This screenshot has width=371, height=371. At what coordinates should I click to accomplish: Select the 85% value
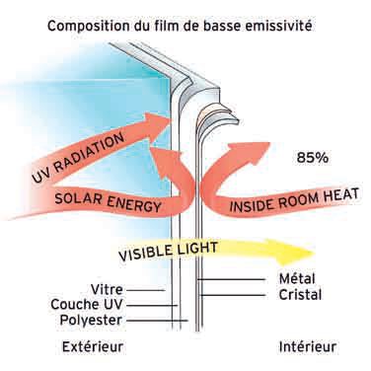(312, 158)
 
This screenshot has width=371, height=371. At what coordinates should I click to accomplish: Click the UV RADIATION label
(78, 157)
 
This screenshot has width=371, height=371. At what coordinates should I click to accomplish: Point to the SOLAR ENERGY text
(108, 202)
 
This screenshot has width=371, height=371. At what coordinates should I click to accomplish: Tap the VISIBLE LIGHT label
(168, 252)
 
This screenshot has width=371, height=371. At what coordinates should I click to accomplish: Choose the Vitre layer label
(107, 290)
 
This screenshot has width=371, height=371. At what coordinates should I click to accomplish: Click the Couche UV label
(87, 304)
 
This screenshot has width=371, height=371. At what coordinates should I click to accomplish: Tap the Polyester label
(91, 320)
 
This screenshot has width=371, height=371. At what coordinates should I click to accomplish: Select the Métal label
(297, 279)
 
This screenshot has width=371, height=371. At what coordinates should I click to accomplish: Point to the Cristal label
(300, 294)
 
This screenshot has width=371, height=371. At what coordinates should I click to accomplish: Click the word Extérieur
(93, 346)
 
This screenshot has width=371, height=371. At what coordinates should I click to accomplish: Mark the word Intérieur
(308, 346)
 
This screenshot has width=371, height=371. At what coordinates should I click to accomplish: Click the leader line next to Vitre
(145, 290)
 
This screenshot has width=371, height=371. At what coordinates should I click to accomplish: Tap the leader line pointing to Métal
(231, 280)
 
